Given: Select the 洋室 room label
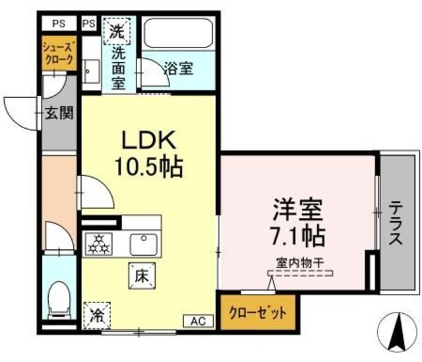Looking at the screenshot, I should [x=297, y=210].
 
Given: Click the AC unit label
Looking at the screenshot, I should [x=198, y=320].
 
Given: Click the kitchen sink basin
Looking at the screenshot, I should [x=143, y=244].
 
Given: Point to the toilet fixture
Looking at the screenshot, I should [x=59, y=299].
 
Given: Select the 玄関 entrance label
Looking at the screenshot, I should [x=59, y=113].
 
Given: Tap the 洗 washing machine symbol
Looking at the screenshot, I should [x=116, y=31].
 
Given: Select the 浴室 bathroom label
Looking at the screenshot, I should [x=177, y=67].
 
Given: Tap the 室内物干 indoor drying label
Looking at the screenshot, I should [x=299, y=262].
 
